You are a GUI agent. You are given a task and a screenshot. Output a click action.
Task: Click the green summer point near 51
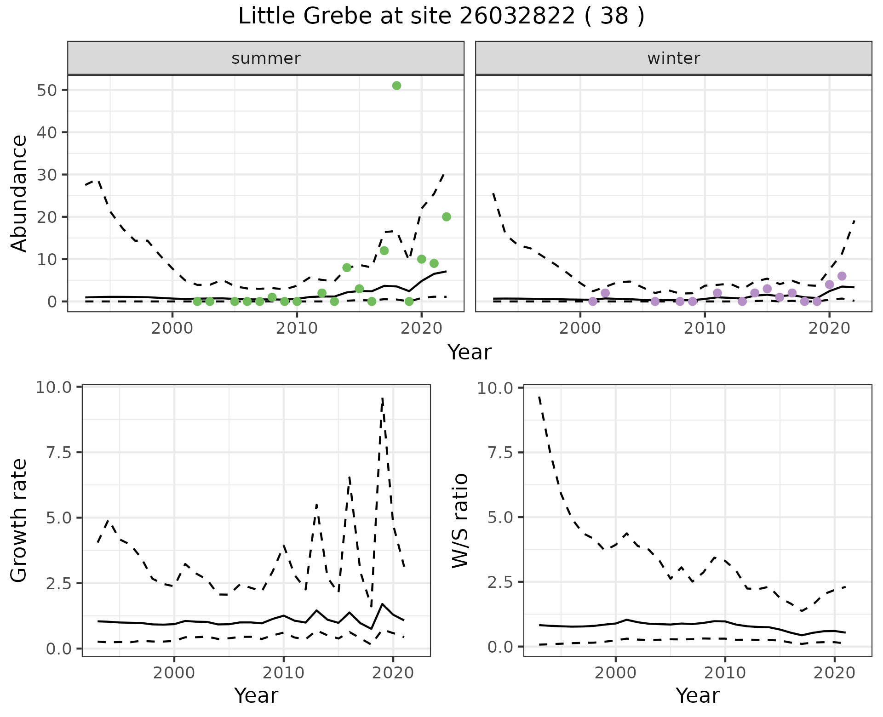(x=396, y=85)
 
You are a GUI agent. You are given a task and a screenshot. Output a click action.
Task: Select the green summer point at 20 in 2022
(x=446, y=217)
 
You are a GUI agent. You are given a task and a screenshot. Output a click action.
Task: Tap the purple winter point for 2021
(x=842, y=276)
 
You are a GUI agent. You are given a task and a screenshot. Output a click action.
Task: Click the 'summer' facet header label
(x=266, y=58)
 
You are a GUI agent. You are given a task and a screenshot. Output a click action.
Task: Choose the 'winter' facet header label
(x=673, y=58)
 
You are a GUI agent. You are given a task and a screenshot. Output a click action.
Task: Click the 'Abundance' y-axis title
(x=19, y=193)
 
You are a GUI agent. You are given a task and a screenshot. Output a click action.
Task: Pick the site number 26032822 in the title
(x=517, y=17)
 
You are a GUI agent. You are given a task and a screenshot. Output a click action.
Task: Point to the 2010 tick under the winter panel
(x=705, y=328)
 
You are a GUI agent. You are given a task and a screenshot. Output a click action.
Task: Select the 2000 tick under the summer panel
(x=172, y=328)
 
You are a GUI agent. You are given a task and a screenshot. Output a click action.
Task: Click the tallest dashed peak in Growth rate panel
(x=383, y=398)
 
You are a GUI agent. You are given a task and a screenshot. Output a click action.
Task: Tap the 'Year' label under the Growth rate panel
(x=256, y=695)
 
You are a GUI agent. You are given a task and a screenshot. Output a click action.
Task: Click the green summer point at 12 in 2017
(x=384, y=250)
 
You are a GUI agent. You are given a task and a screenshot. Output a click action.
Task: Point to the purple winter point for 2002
(x=605, y=293)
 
